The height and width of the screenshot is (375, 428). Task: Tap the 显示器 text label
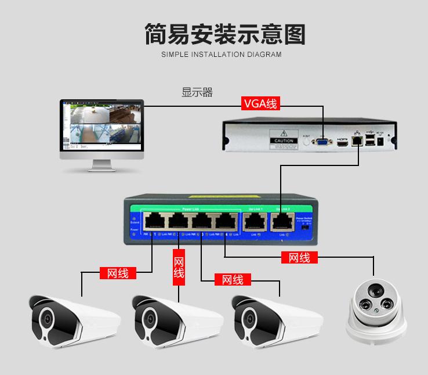click(197, 92)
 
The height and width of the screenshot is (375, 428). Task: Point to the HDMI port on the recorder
click(344, 141)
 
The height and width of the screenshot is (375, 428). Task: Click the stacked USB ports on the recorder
click(370, 140)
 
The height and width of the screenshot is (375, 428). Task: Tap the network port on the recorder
click(358, 140)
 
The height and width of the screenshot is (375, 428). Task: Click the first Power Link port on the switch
click(153, 221)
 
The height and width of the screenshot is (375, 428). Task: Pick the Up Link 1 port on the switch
click(253, 221)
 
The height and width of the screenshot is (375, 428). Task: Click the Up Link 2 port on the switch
click(282, 221)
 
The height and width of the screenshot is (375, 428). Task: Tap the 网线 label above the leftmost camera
click(118, 273)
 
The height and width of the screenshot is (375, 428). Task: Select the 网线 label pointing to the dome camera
click(299, 258)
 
